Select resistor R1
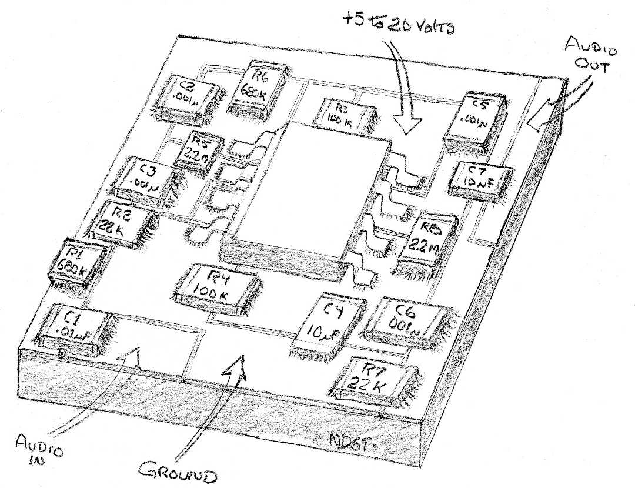[x=79, y=262]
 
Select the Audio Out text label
[x=584, y=55]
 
